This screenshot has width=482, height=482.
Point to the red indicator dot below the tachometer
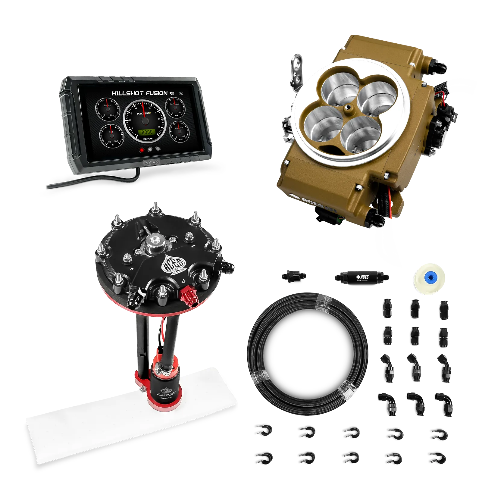point(142,149)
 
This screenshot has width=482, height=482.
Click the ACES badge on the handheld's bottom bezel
point(152,163)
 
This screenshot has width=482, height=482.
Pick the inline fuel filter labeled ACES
point(360,277)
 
